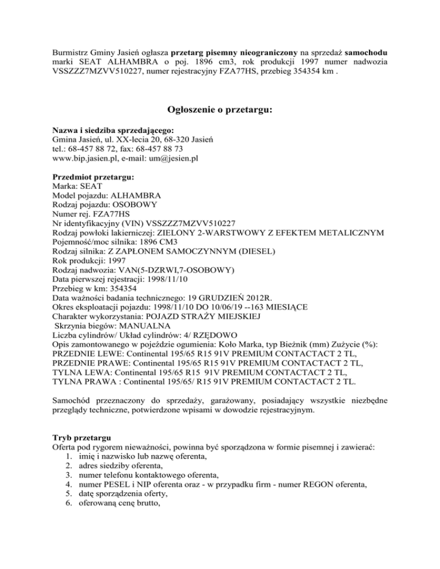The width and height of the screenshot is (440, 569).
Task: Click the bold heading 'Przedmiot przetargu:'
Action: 92,178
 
